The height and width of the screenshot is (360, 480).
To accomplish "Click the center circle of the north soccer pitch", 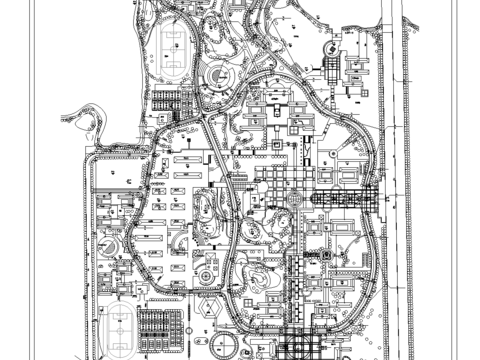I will tap(172, 49).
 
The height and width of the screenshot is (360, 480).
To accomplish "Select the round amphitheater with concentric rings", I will tap(220, 77).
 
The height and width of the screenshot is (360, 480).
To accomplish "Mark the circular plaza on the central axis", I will tap(293, 201).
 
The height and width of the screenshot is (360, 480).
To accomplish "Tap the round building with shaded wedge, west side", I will tap(112, 246).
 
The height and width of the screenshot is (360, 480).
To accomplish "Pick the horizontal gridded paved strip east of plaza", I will tap(345, 199).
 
